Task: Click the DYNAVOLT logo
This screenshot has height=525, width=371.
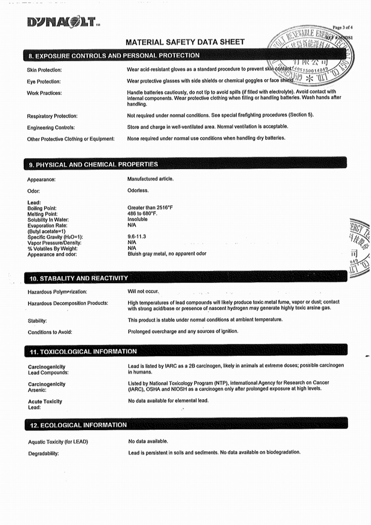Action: click(63, 22)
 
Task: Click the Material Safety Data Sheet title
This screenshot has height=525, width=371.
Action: click(185, 42)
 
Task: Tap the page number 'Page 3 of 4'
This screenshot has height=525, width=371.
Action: click(342, 27)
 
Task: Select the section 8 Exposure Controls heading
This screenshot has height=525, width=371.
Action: click(114, 56)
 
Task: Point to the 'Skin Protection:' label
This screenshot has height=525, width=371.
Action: click(44, 70)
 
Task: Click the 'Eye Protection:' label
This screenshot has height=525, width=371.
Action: click(43, 81)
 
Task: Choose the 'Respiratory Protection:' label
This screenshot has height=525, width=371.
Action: click(52, 116)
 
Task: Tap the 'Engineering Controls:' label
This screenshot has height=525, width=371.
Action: click(51, 128)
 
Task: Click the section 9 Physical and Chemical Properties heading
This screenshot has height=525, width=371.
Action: click(93, 164)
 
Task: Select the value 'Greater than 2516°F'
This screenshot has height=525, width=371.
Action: click(150, 208)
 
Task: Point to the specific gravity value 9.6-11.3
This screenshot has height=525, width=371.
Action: click(137, 237)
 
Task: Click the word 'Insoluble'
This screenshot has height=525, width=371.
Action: click(137, 219)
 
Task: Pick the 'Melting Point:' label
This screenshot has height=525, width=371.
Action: click(42, 214)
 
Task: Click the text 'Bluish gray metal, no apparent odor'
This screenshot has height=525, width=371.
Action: click(167, 254)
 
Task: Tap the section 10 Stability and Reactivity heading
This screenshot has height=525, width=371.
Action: click(79, 278)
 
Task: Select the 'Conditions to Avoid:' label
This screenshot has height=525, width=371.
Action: click(50, 332)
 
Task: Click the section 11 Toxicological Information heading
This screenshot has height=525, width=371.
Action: click(83, 351)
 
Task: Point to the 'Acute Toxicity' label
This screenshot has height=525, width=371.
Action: click(45, 401)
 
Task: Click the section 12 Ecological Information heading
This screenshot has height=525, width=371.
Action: click(78, 425)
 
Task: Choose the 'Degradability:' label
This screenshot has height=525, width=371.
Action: click(43, 453)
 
